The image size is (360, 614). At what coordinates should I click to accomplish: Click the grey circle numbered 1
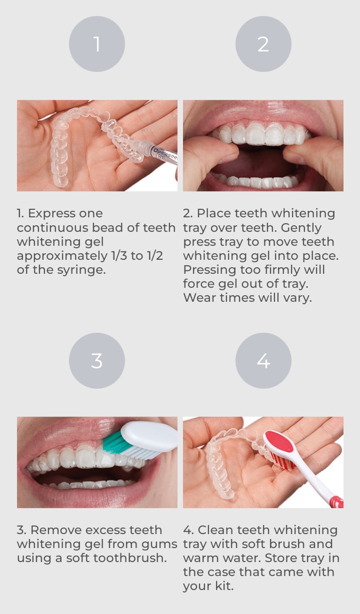[97, 44]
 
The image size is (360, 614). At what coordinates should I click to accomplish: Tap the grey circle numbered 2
[263, 44]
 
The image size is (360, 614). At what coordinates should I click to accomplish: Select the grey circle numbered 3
[97, 360]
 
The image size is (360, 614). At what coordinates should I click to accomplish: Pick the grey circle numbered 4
[263, 360]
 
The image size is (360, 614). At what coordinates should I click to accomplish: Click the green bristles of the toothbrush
[114, 442]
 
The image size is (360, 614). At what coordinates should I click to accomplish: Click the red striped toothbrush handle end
[336, 502]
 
